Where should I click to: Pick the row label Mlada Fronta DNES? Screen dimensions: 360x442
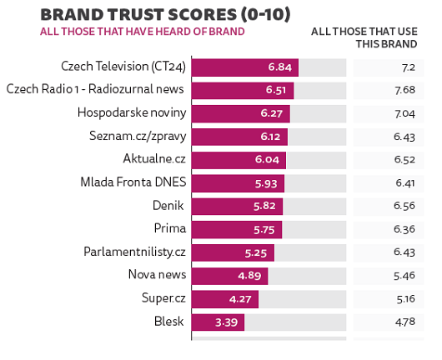133,182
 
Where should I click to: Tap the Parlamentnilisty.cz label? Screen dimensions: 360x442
134,252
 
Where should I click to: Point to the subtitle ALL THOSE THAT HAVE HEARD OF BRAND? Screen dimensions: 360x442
143,32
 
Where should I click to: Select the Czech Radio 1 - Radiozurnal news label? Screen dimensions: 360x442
95,89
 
